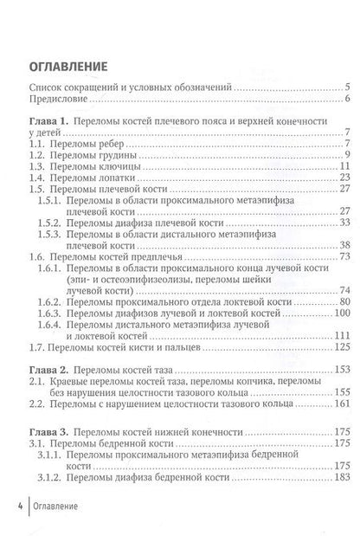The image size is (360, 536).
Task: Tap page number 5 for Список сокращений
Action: click(x=346, y=87)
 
